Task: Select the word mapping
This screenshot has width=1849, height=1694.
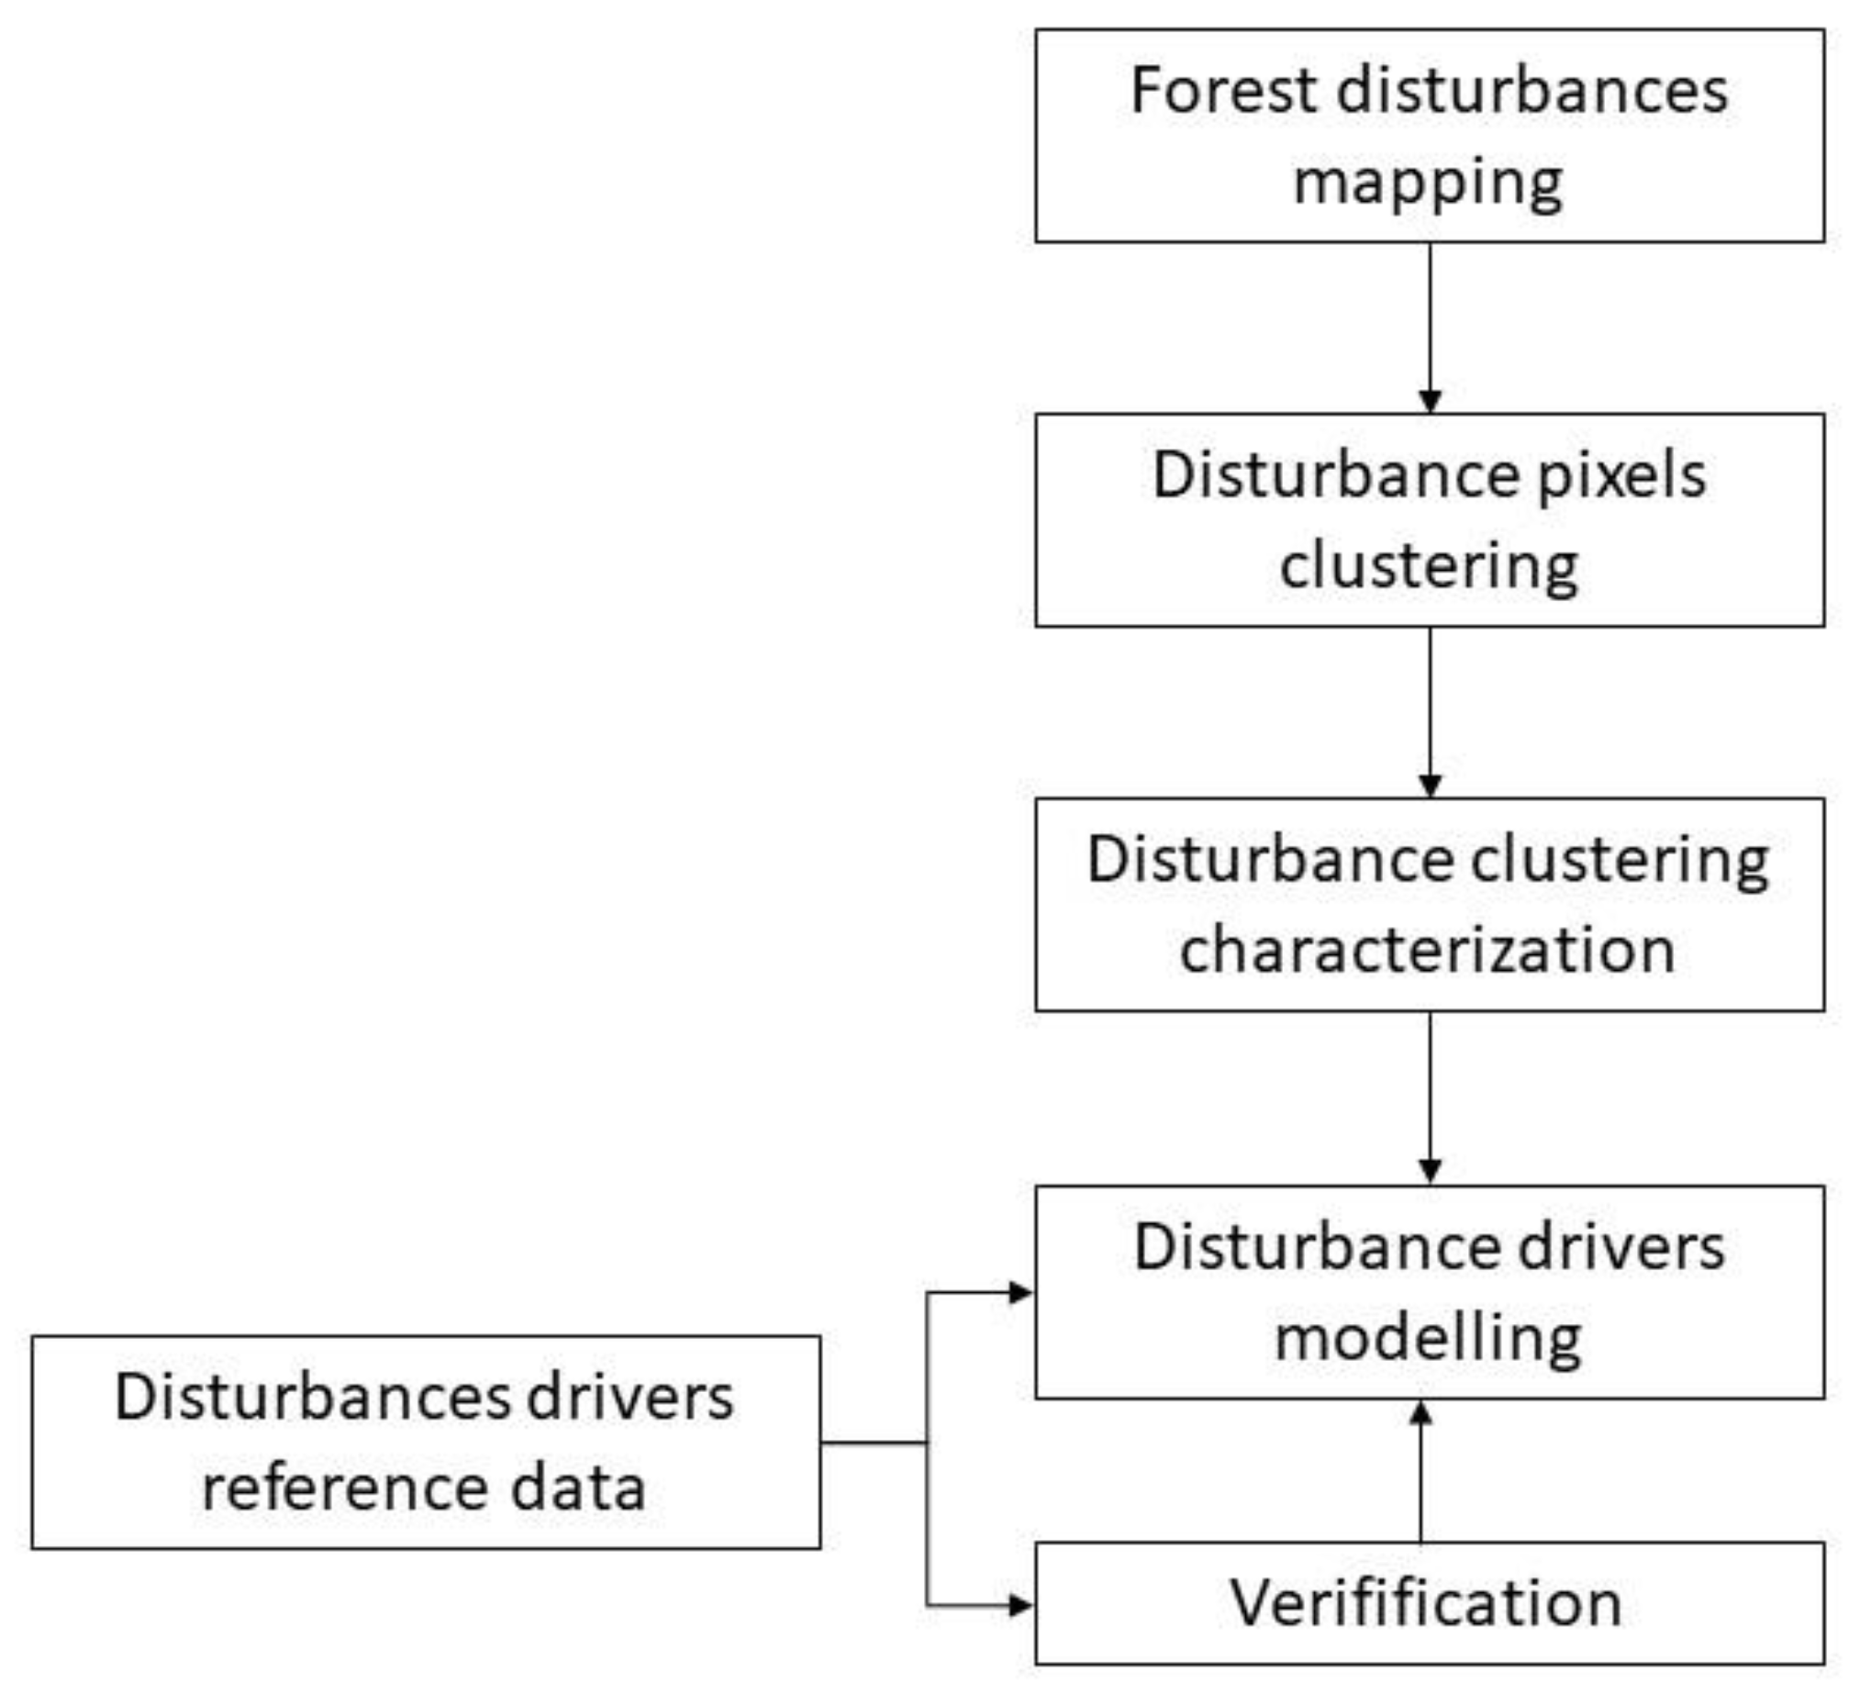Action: coord(1428,183)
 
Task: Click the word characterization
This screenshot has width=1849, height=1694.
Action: coord(1428,950)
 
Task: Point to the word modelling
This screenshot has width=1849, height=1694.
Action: coord(1428,1338)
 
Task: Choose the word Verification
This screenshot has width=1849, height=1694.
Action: coord(1426,1603)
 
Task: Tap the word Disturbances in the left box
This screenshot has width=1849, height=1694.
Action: coord(312,1398)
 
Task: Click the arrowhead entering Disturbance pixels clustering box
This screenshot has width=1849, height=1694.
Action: coord(1430,401)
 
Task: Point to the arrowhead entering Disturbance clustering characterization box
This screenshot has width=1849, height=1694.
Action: coord(1430,786)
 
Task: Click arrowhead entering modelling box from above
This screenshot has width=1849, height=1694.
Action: coord(1430,1171)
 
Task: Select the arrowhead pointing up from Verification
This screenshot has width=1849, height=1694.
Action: coord(1420,1414)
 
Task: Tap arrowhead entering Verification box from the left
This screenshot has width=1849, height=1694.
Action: coord(1019,1605)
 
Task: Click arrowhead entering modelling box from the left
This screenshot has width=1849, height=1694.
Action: coord(1019,1293)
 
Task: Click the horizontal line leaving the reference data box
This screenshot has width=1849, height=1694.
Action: coord(872,1443)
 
